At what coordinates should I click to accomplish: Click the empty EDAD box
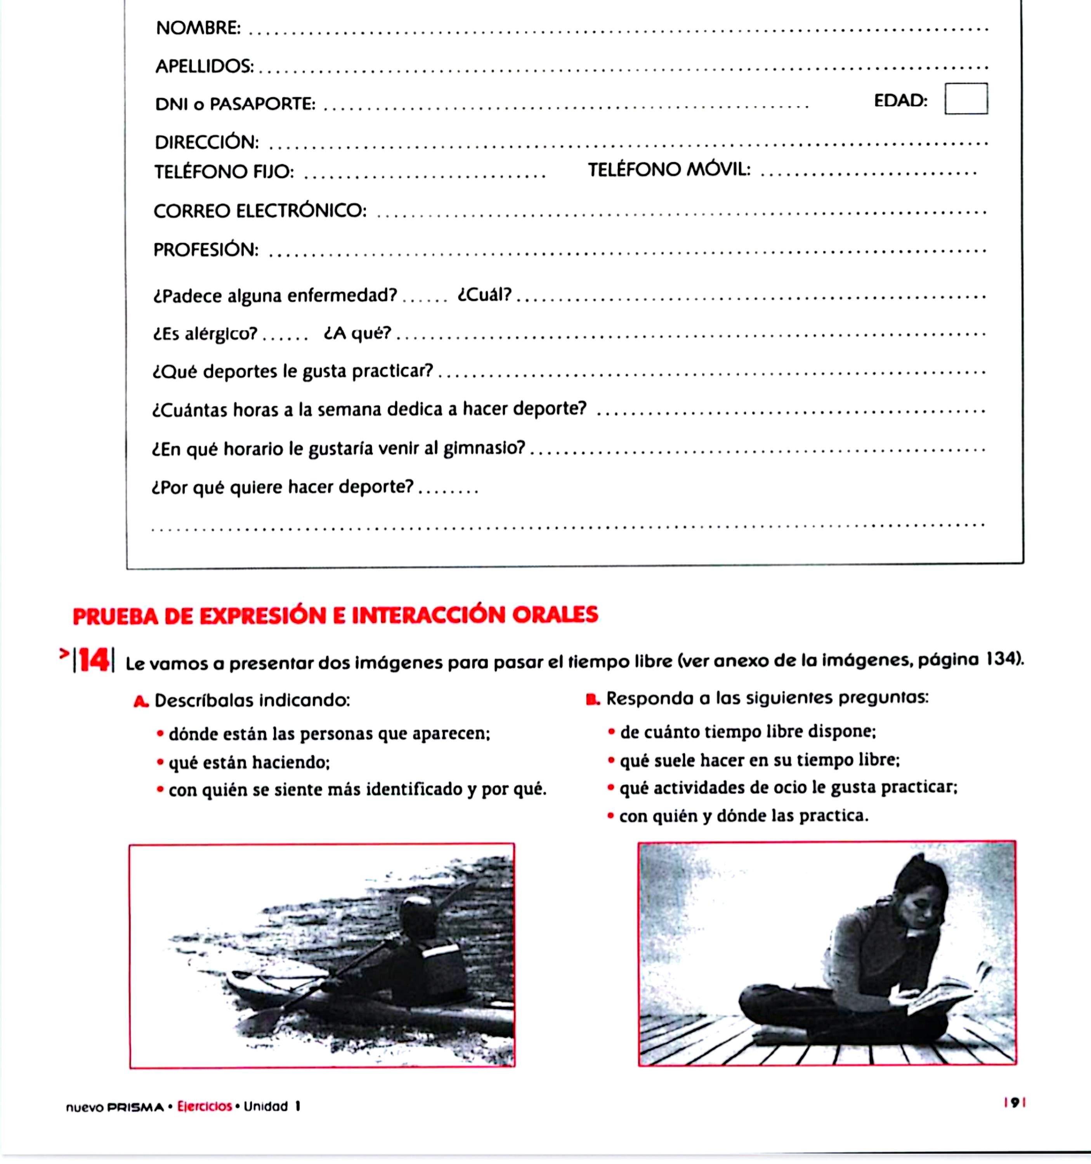(966, 99)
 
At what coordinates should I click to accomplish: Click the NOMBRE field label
(198, 28)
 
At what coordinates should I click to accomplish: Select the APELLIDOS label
(205, 66)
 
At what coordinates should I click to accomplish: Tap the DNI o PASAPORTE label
(235, 104)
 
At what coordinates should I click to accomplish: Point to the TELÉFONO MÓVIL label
(669, 170)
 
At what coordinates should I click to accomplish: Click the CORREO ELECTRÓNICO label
(260, 210)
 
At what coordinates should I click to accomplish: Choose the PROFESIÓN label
(206, 249)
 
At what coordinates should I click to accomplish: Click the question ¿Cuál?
(484, 294)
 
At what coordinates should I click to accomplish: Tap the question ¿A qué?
(357, 333)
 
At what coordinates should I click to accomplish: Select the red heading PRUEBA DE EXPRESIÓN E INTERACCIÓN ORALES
(335, 615)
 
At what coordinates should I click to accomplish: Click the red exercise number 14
(94, 660)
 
